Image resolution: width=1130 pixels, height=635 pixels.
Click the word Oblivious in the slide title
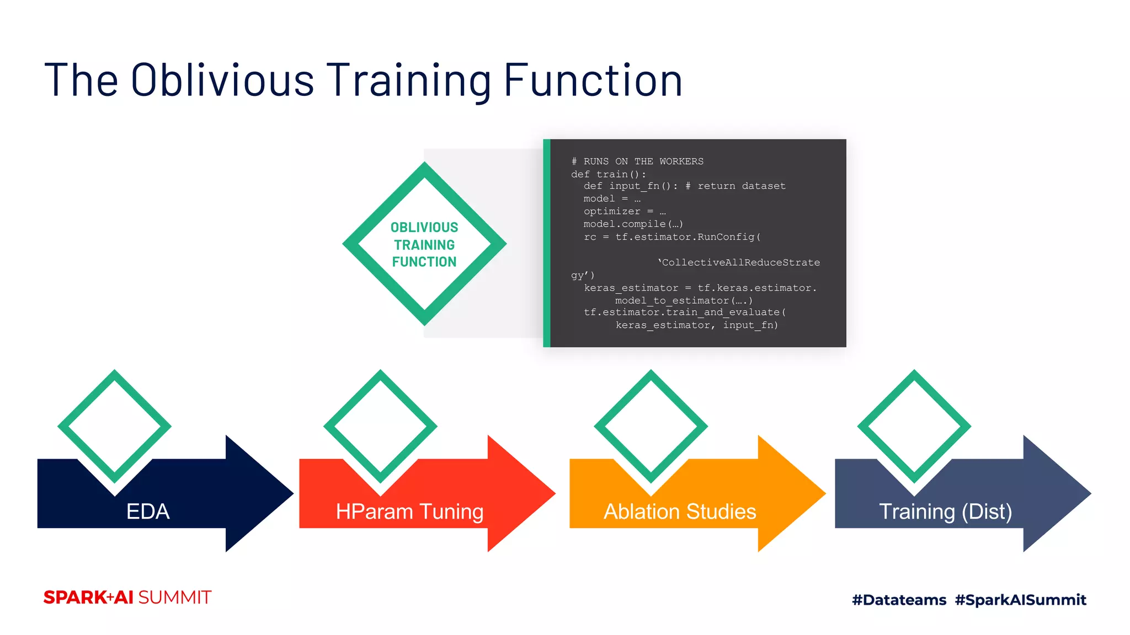pos(222,80)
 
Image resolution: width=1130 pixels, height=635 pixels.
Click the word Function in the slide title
pos(593,80)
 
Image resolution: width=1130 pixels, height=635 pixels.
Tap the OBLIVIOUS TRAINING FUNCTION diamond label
pos(424,244)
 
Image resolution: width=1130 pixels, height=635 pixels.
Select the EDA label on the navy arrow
pos(147,512)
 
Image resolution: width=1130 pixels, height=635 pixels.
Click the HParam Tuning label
pos(409,512)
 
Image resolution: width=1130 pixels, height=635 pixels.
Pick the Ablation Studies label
pos(679,512)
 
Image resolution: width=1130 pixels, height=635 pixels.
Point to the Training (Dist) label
pos(945,512)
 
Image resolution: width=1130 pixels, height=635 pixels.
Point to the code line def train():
pos(608,174)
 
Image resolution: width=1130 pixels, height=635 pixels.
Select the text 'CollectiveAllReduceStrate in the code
pos(738,262)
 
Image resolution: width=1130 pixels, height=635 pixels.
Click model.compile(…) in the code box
pos(633,224)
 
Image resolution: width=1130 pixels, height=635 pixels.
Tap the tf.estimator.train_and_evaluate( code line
pos(685,313)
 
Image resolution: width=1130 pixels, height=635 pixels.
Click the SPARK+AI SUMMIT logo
pos(127,598)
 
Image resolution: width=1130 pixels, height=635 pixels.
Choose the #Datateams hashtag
pos(899,600)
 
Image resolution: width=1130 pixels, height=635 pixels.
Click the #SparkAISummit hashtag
pos(1020,600)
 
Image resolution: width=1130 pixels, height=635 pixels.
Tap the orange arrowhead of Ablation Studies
pos(789,493)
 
